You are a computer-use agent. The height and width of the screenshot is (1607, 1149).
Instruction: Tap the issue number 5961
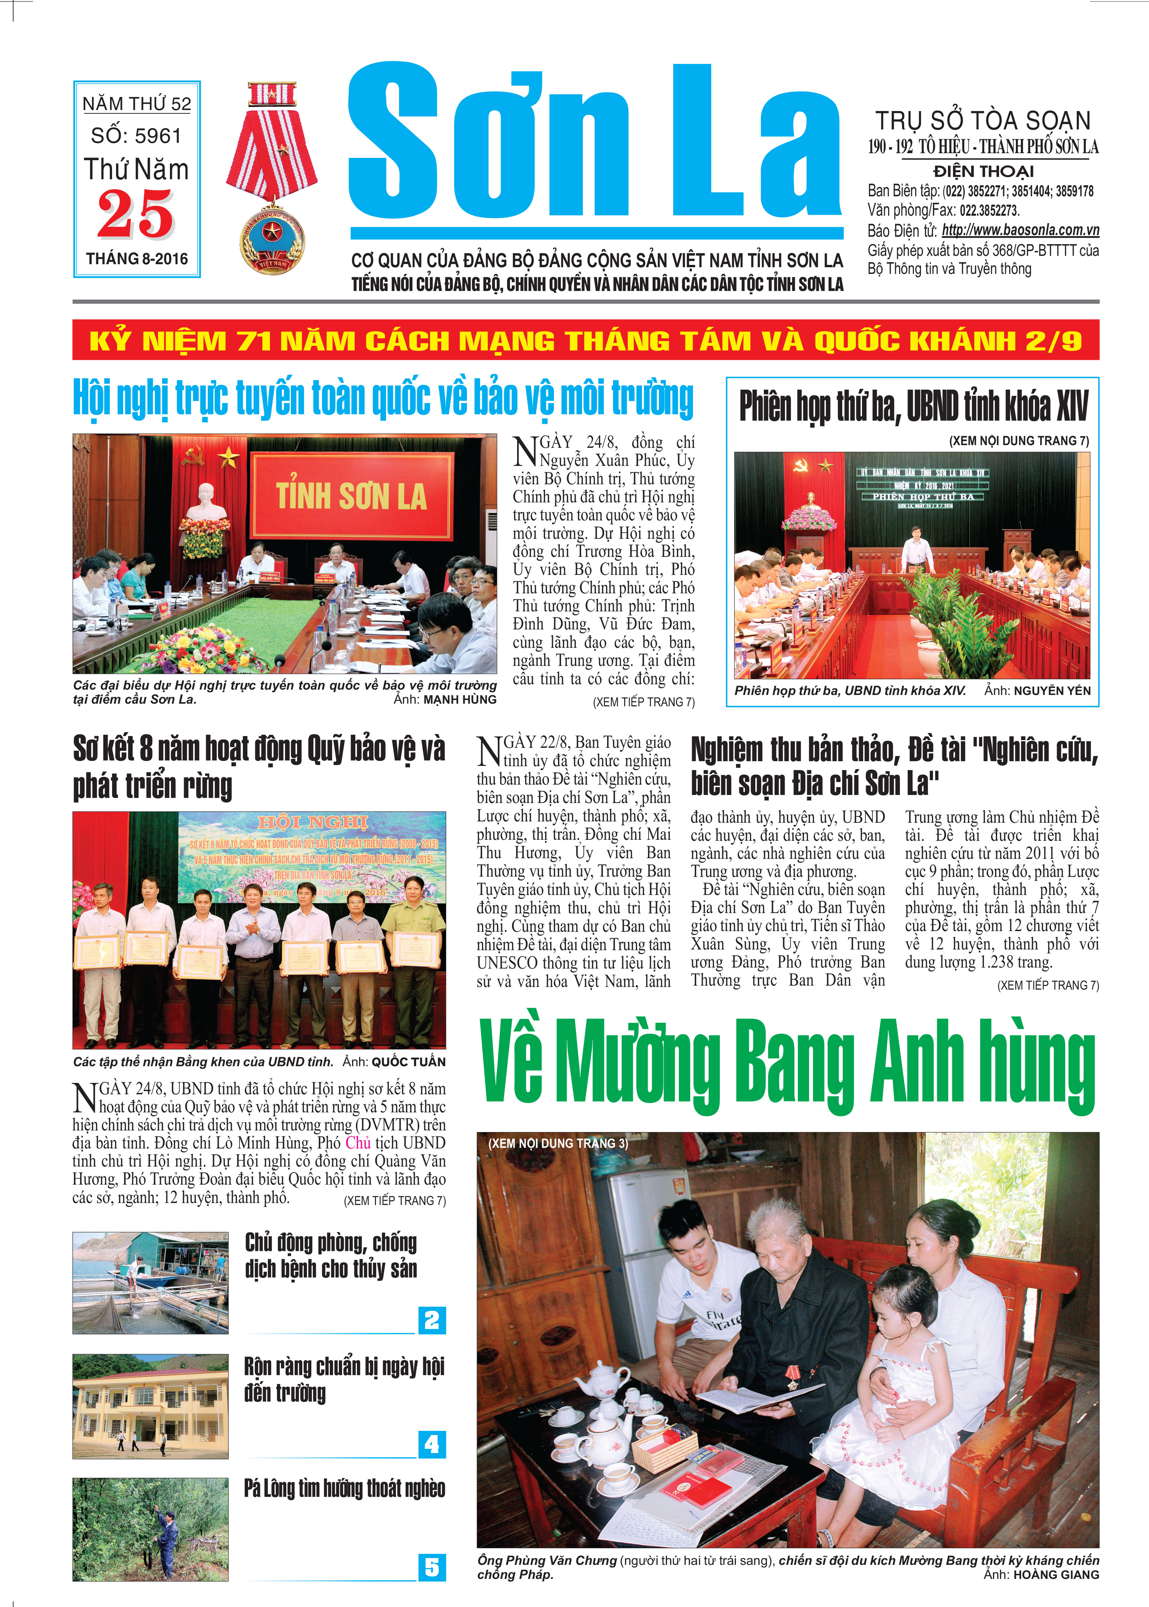coord(159,136)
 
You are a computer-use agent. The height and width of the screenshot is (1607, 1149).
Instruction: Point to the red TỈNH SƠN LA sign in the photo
coord(352,496)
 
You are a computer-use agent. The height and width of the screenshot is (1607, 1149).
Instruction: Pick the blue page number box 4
coord(432,1443)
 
